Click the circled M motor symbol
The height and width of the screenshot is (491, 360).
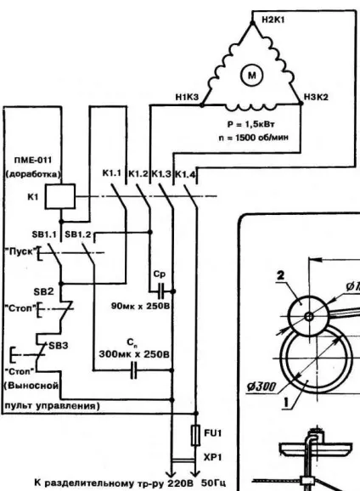(x=251, y=75)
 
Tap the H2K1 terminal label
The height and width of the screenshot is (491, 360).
(x=273, y=20)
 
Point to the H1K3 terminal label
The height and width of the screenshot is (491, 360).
(x=187, y=98)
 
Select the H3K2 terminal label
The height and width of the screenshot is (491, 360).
(x=316, y=97)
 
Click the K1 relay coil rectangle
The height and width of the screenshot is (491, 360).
(x=60, y=196)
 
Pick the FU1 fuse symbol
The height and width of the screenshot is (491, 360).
(x=196, y=435)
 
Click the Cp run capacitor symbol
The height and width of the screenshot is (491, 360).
(x=161, y=291)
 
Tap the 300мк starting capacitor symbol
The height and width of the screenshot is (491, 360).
(x=133, y=370)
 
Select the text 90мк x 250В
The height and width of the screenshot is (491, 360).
(x=141, y=306)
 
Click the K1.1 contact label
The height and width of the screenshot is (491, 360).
(x=111, y=173)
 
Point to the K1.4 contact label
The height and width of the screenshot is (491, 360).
(x=185, y=174)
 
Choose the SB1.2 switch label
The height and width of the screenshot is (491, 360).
(x=77, y=234)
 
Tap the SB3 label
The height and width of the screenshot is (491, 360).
(x=59, y=346)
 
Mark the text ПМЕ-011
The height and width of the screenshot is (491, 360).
(x=33, y=160)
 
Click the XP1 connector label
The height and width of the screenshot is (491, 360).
(x=212, y=458)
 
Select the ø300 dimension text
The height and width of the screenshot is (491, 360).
(x=262, y=387)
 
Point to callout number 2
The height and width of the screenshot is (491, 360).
(x=280, y=275)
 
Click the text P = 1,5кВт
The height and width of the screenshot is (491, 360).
(x=251, y=124)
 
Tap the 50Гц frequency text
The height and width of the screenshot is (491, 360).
(x=213, y=483)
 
